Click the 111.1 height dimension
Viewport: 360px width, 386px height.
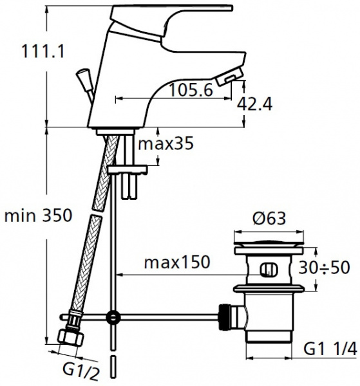click(x=43, y=51)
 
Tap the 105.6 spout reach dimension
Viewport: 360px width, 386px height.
click(x=191, y=89)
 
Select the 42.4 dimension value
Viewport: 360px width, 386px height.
click(x=255, y=104)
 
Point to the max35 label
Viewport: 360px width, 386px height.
click(x=166, y=143)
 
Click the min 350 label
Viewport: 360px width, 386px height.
click(x=38, y=216)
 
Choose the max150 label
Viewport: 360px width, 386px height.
click(x=177, y=262)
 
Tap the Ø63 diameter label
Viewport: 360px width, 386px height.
click(x=269, y=218)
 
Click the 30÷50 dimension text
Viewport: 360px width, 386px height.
click(x=325, y=268)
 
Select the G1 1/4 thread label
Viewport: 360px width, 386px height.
click(x=330, y=349)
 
